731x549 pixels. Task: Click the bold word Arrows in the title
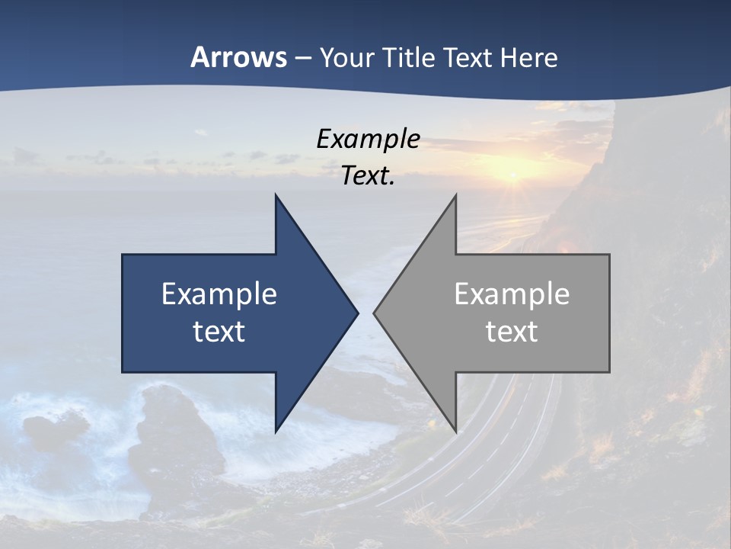239,57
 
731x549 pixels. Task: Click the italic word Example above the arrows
369,139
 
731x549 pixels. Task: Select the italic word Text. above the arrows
369,175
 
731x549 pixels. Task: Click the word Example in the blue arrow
219,294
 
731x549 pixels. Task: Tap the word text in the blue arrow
219,331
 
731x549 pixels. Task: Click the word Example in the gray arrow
512,294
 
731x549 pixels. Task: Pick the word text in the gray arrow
512,331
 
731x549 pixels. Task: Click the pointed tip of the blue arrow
357,313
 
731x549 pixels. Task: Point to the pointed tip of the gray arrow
375,313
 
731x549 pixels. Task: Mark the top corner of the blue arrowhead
276,195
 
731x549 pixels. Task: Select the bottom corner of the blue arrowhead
276,431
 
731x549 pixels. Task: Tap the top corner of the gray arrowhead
455,195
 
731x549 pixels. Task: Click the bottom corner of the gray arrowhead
455,431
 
